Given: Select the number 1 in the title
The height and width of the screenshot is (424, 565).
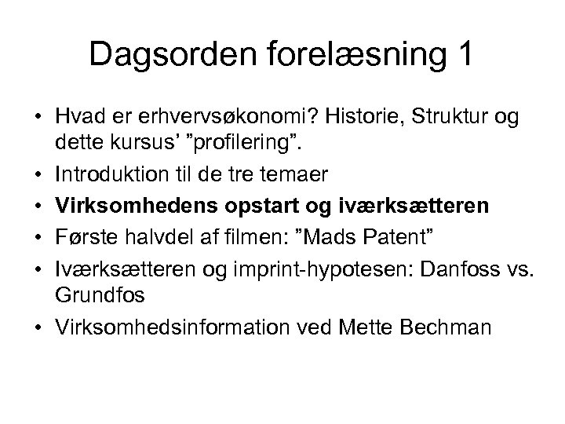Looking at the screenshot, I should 464,55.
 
